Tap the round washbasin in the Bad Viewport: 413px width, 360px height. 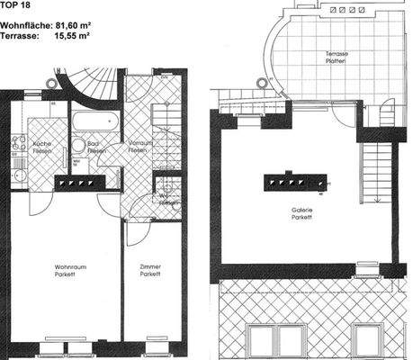pos(78,145)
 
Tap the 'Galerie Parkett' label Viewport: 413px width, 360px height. pos(301,212)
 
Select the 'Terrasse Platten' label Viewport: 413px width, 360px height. pos(337,58)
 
